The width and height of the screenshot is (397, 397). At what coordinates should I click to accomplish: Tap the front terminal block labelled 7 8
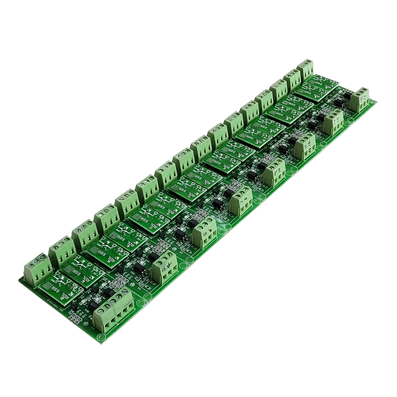coord(240,203)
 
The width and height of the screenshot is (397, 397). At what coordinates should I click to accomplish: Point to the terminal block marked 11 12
coord(304,148)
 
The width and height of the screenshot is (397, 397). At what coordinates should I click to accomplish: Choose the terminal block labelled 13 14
coord(333,122)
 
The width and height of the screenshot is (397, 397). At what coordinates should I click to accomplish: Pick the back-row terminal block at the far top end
coord(306,69)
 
